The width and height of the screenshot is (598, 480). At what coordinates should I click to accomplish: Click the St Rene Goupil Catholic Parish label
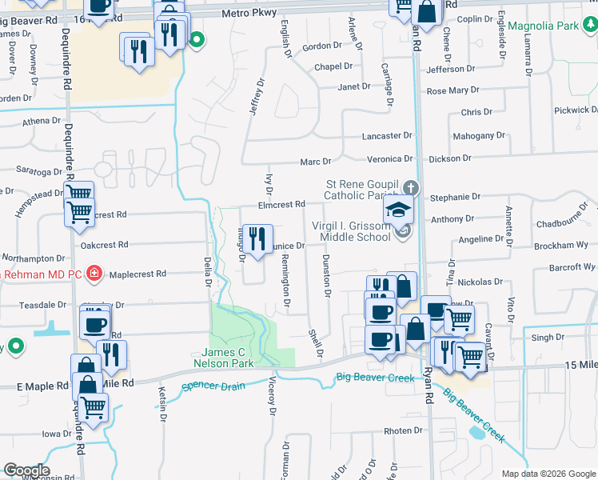[x=364, y=190]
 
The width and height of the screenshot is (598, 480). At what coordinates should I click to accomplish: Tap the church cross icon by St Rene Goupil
[x=411, y=188]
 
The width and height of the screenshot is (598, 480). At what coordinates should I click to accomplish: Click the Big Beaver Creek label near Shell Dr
[x=375, y=377]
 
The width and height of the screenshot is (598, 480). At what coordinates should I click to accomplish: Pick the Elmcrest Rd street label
[x=282, y=205]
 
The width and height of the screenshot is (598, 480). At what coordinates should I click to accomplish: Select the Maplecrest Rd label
[x=138, y=274]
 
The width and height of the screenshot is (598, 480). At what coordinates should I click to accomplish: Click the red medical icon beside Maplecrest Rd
[x=94, y=274]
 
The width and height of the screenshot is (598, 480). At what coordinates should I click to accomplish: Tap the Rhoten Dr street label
[x=402, y=431]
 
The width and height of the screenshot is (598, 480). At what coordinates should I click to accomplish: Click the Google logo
[x=26, y=470]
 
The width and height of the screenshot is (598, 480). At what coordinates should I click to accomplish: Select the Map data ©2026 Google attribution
[x=548, y=474]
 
